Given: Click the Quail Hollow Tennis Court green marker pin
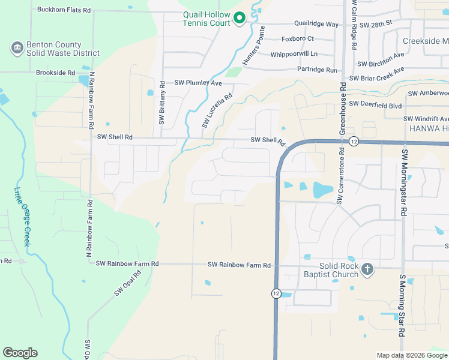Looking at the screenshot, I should pos(239,18).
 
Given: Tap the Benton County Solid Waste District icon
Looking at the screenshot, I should pos(16,47).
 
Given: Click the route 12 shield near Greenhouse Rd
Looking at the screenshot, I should pos(354,141).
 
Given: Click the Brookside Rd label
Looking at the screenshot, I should pos(55,73).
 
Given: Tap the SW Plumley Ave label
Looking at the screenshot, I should pos(198,83).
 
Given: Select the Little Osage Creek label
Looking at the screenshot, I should pos(22,216).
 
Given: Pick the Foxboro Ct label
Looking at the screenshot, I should pos(298,39).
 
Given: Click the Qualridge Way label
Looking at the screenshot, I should pos(316,25).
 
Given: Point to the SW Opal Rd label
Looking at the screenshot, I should pos(128,283).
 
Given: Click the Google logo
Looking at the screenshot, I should pos(20,353).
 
